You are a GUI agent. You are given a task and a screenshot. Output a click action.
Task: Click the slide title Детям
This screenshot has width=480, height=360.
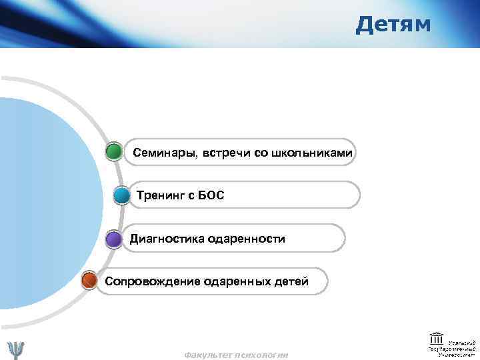[x=393, y=25]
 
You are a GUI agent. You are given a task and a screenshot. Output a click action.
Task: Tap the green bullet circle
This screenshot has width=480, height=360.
[x=114, y=152]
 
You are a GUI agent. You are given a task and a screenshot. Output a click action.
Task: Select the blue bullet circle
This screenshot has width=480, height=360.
[x=121, y=196]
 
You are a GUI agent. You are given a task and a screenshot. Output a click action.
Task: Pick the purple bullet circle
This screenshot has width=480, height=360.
[x=114, y=239]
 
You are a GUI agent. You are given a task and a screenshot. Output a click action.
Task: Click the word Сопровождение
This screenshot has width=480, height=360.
[x=149, y=281]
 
